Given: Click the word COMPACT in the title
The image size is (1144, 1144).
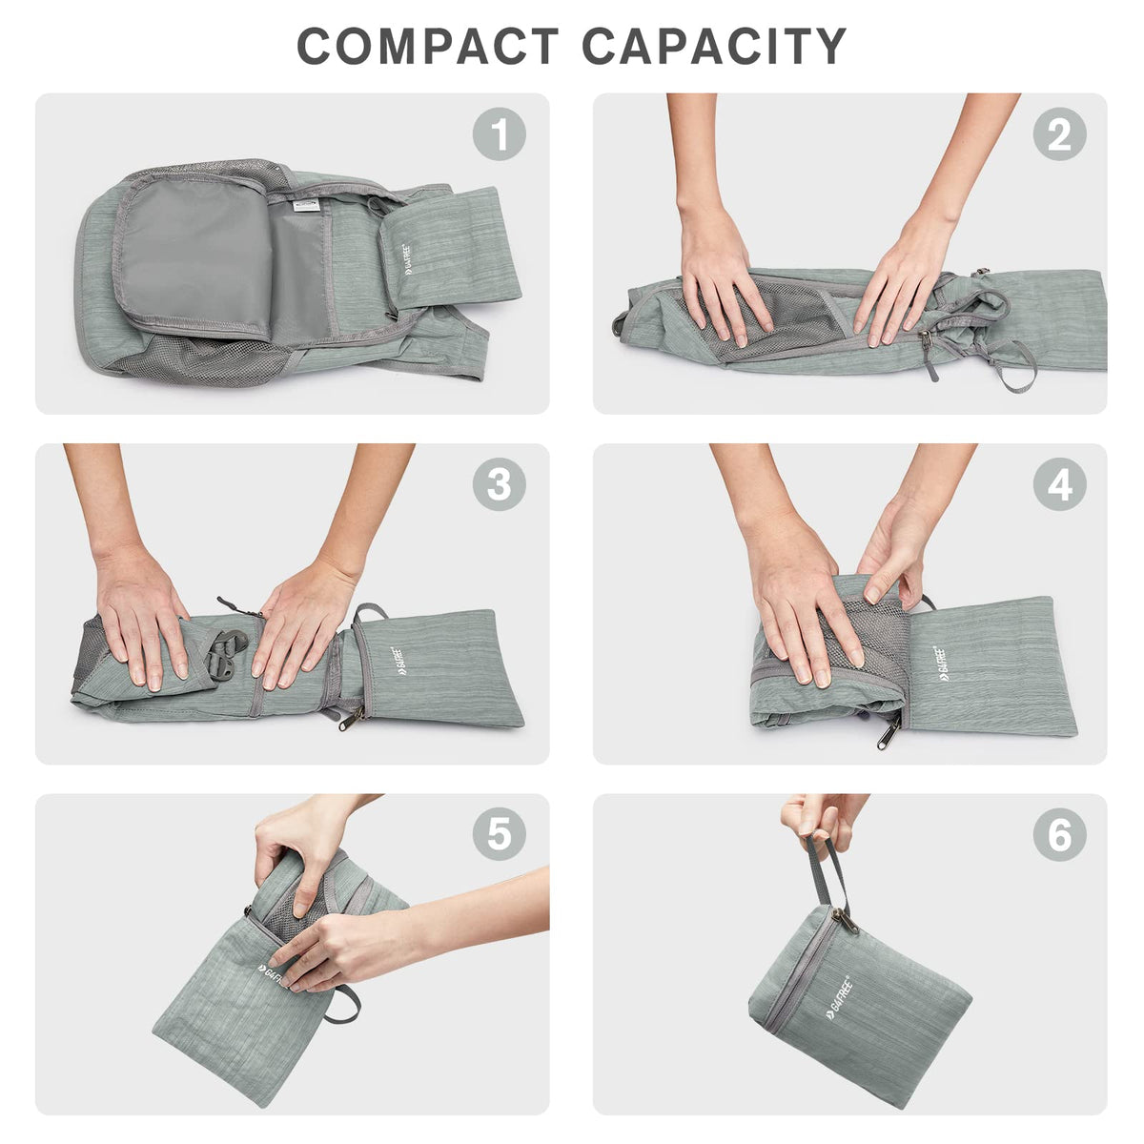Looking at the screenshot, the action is click(x=427, y=46).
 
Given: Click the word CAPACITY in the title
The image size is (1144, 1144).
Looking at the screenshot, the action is click(x=714, y=46).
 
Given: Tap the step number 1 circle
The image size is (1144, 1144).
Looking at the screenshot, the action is click(x=499, y=133).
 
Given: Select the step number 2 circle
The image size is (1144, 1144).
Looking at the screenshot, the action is click(x=1060, y=133).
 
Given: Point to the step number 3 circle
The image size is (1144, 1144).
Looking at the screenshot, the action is click(x=499, y=484).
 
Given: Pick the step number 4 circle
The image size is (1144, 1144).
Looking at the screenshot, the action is click(x=1060, y=484).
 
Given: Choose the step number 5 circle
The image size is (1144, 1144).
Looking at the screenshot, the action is click(x=499, y=834).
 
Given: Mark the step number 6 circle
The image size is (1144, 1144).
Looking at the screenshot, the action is click(x=1060, y=834).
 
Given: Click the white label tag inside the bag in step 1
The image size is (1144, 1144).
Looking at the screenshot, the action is click(x=306, y=205).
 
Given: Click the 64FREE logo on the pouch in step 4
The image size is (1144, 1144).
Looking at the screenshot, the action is click(x=945, y=663).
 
